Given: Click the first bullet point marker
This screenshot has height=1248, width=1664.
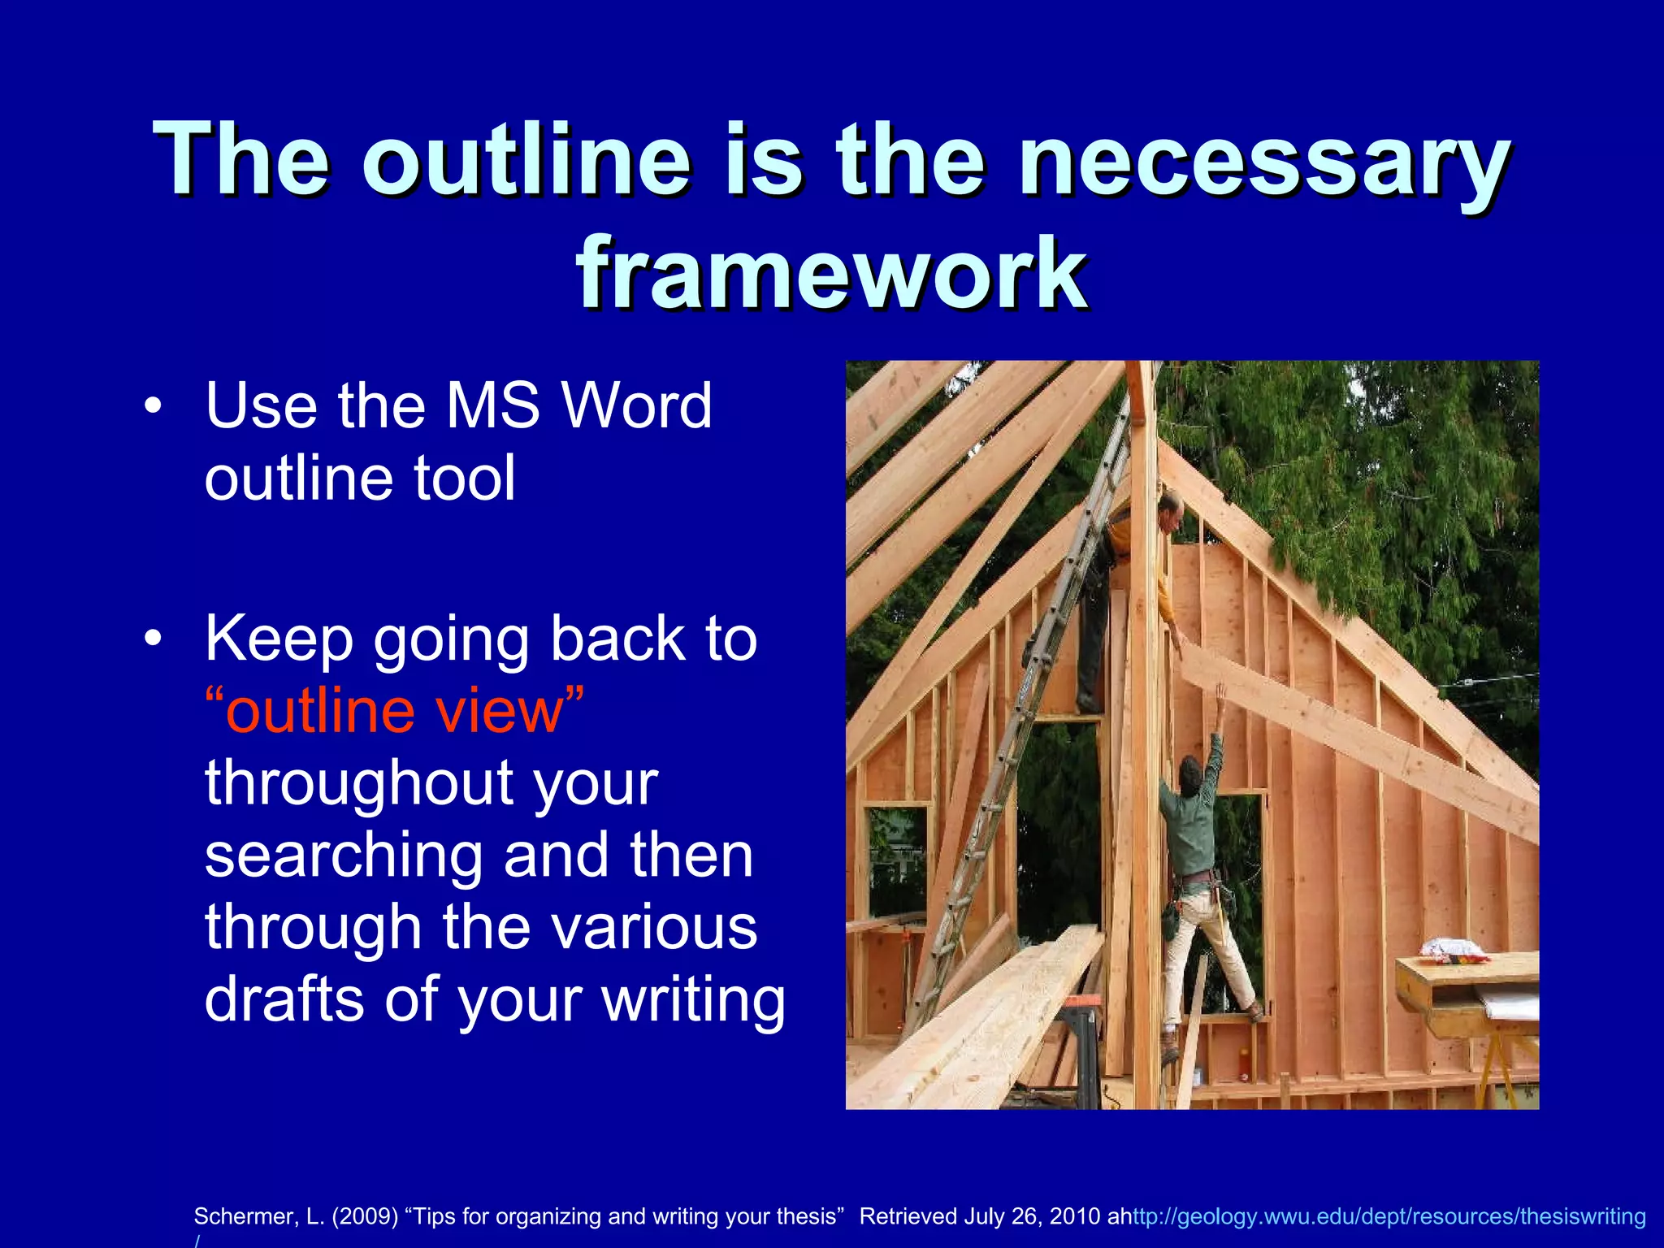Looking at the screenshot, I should tap(152, 406).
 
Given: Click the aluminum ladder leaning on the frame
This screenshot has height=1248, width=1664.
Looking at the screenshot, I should tap(1016, 731).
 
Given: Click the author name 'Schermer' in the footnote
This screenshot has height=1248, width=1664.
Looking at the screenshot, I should tap(244, 1216).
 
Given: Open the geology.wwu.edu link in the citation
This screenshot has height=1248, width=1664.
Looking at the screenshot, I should tap(1389, 1216).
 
